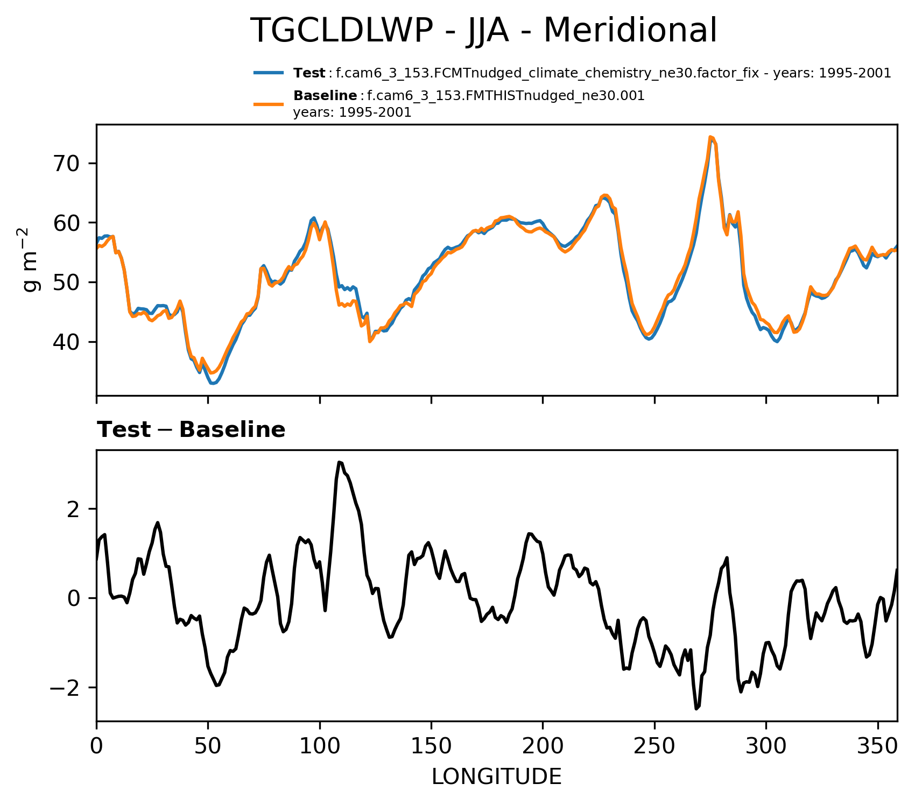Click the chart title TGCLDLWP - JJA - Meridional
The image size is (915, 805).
coord(484,31)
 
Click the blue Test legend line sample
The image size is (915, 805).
coord(269,73)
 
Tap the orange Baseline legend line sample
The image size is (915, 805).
coord(269,104)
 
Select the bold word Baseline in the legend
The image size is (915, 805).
coord(325,96)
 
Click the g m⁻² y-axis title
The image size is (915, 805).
coord(32,260)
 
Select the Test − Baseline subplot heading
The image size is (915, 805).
coord(191,430)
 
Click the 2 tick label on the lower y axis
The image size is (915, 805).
coord(75,509)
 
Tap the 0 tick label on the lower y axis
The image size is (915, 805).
coord(75,598)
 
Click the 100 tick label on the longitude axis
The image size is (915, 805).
coord(320,747)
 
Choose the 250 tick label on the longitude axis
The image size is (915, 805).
coord(654,747)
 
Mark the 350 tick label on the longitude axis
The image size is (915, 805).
coord(878,747)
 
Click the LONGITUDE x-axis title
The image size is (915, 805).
coord(496,777)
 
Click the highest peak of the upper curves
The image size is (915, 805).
coord(710,137)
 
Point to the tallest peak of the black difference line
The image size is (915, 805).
coord(339,462)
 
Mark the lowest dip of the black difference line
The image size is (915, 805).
coord(696,709)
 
